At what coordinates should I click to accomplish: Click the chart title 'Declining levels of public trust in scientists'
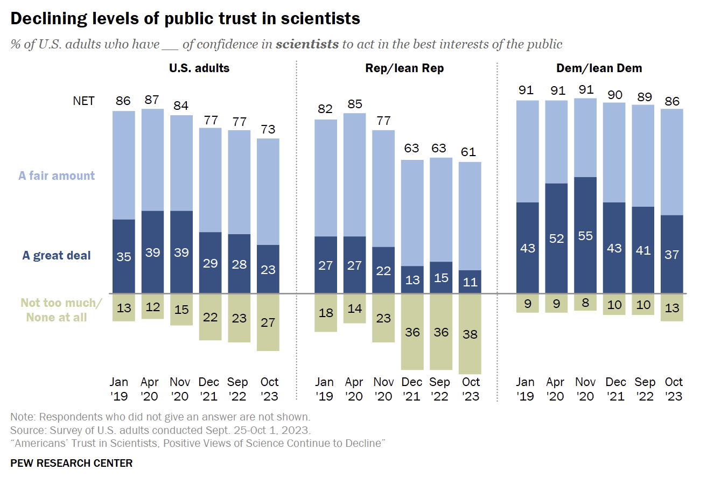pos(185,19)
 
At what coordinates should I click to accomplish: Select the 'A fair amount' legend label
pos(57,176)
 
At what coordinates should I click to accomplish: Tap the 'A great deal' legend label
pos(57,255)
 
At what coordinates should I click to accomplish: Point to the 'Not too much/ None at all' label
pos(61,310)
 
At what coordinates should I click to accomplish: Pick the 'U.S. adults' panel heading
pos(199,68)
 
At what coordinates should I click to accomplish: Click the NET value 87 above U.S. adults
pos(153,99)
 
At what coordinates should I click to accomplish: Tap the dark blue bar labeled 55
pos(585,235)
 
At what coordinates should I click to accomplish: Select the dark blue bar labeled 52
pos(556,238)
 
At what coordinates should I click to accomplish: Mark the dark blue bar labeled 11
pos(470,282)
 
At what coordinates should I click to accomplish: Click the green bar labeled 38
pos(470,334)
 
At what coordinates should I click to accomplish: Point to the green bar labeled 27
pos(268,322)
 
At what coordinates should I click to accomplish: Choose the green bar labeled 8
pos(585,303)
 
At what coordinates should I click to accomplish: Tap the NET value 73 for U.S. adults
pos(268,129)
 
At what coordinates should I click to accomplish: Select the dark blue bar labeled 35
pos(124,256)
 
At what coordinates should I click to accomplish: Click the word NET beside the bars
pos(83,101)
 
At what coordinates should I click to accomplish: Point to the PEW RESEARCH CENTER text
pos(71,463)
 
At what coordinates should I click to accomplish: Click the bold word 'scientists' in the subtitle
pos(307,44)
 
